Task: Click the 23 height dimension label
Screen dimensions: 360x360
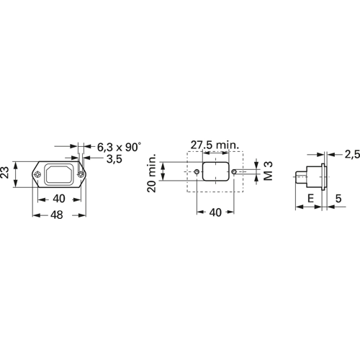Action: click(x=5, y=172)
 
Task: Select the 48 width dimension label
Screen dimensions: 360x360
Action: click(x=57, y=215)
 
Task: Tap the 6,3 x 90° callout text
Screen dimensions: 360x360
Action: click(x=119, y=147)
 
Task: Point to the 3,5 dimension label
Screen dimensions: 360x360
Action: click(x=114, y=159)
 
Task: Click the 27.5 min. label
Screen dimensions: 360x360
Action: click(x=215, y=145)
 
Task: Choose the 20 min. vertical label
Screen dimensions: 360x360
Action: click(x=152, y=173)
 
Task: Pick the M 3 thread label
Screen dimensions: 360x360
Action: click(x=269, y=171)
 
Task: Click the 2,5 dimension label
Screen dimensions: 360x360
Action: click(x=353, y=154)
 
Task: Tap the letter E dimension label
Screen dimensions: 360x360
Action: click(x=310, y=199)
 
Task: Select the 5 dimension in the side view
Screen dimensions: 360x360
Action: click(x=338, y=199)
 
